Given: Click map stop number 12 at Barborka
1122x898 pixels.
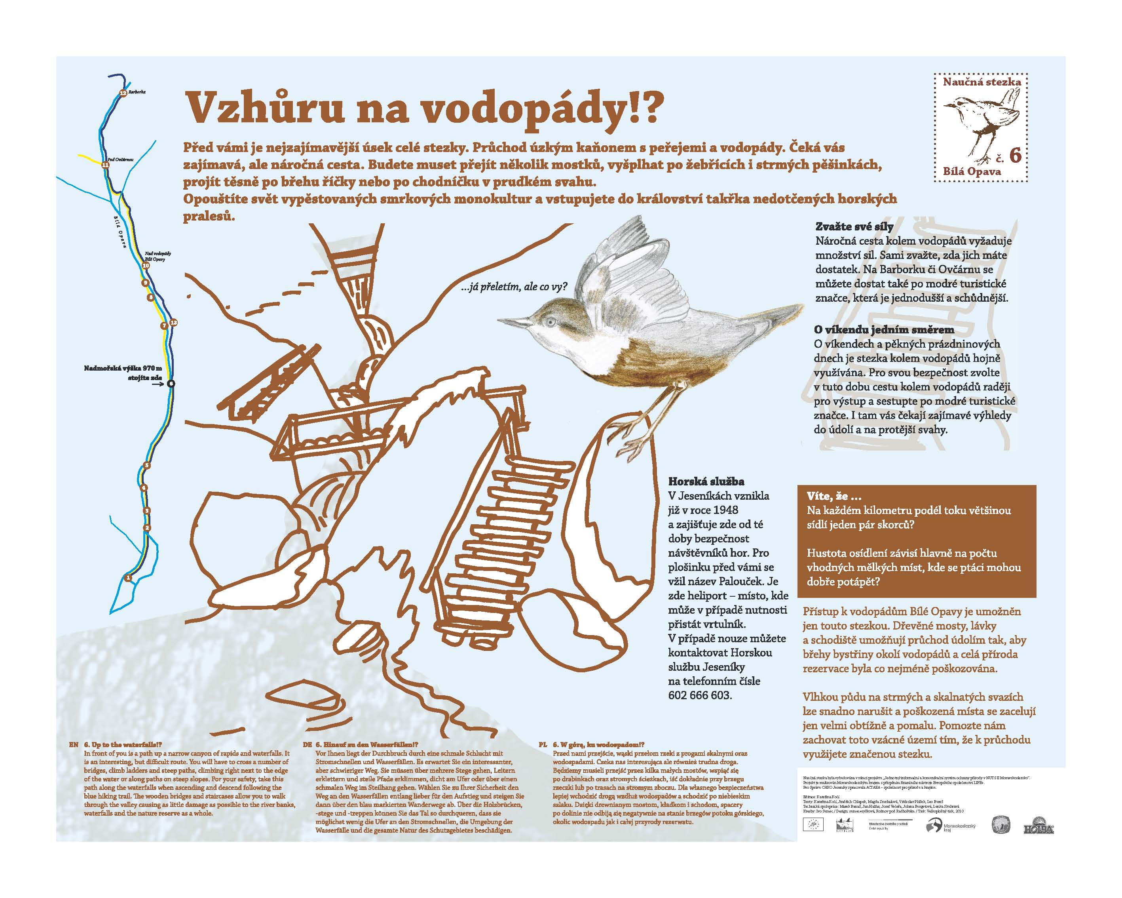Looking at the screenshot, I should tap(123, 93).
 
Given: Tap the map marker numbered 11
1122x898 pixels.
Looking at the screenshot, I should tap(106, 165).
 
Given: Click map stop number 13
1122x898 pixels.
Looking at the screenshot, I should tap(174, 323).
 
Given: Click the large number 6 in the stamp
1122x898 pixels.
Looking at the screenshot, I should tap(1015, 156).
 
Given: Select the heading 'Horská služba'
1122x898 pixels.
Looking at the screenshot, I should tap(706, 481).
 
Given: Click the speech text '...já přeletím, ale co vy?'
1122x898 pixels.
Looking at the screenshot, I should tap(514, 287).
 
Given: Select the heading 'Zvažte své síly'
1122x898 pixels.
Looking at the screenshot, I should tap(854, 227).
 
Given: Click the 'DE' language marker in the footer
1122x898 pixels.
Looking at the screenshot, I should tap(308, 745).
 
